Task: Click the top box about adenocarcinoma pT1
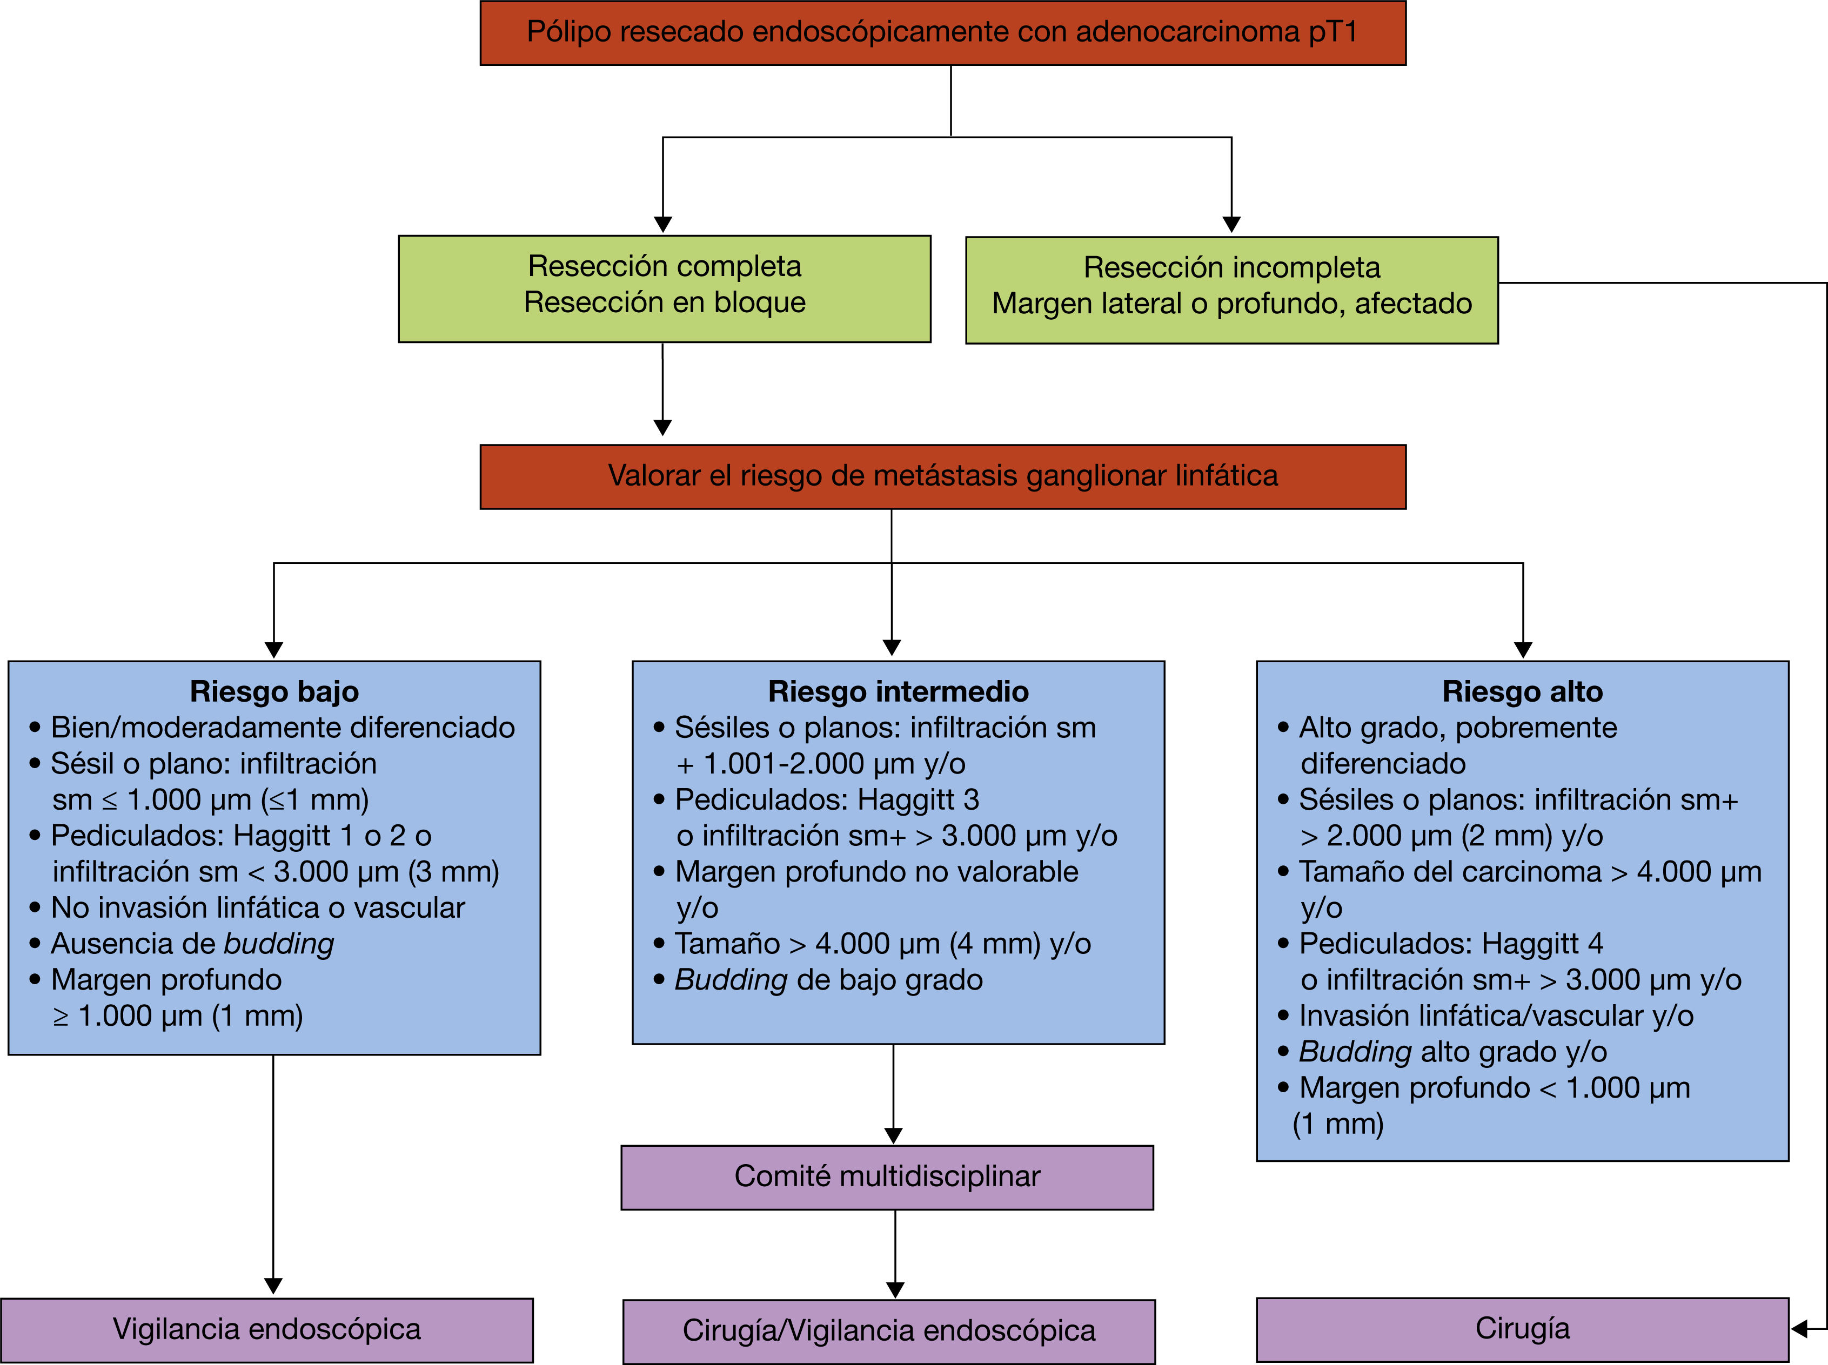(x=942, y=33)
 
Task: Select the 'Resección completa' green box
(x=665, y=288)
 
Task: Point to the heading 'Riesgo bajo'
(x=274, y=691)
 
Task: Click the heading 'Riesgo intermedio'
(x=898, y=691)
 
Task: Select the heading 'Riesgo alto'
(x=1522, y=691)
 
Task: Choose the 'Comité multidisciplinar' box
(x=887, y=1176)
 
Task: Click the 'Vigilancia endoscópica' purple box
(x=267, y=1329)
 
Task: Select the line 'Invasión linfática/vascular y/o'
(x=1496, y=1016)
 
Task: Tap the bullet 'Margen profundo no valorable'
(x=876, y=872)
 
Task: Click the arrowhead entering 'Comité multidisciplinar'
(x=893, y=1135)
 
